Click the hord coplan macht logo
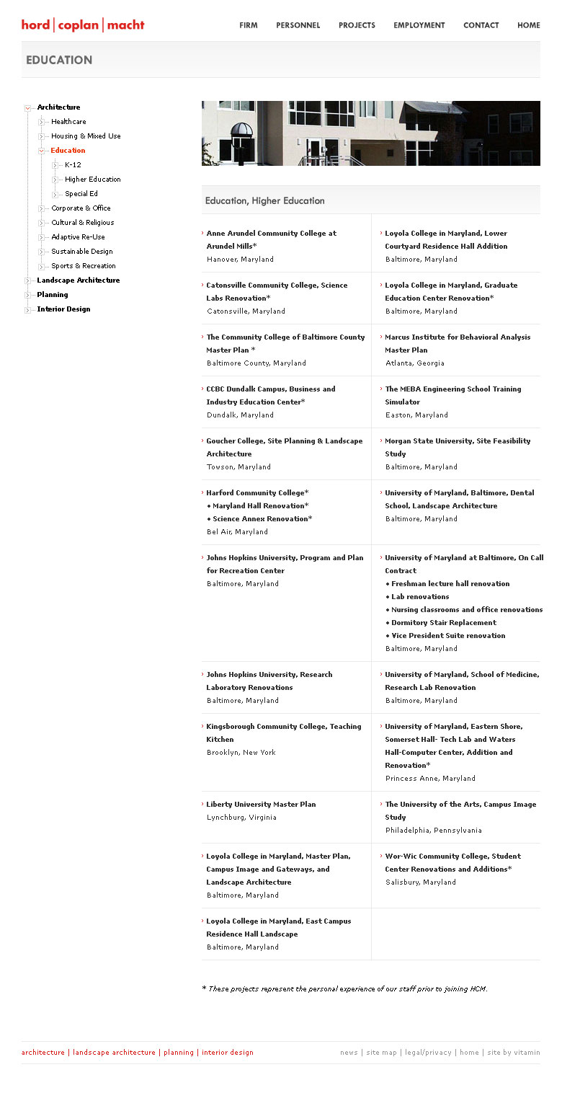pos(83,25)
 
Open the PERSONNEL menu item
pos(298,25)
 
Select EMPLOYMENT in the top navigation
pos(419,25)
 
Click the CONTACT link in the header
pos(481,25)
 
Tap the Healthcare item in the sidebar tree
pos(68,122)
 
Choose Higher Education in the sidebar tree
pos(92,180)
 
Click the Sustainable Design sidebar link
pos(81,252)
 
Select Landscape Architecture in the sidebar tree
pos(78,280)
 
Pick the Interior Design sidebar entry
pos(63,309)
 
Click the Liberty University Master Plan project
pos(261,805)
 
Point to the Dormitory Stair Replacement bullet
pos(443,623)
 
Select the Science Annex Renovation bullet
pos(262,519)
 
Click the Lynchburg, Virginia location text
pos(241,818)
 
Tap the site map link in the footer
pos(381,1053)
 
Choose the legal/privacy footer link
pos(427,1053)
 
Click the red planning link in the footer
pos(178,1053)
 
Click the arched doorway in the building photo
pos(241,137)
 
